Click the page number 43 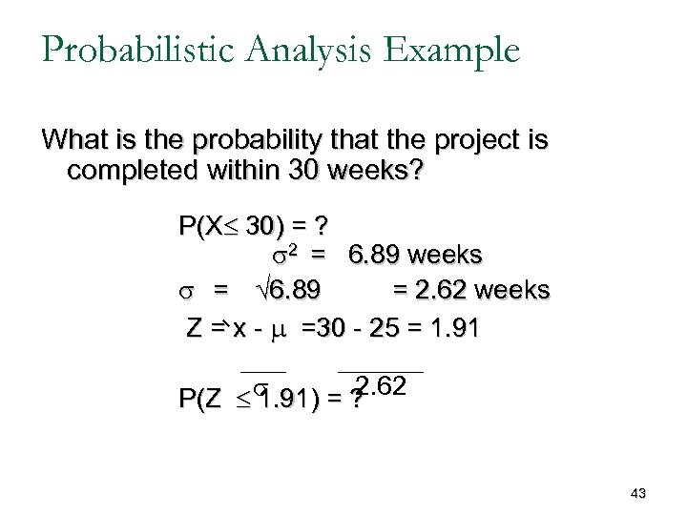point(638,493)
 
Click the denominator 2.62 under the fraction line point(381,386)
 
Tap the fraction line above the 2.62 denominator point(380,369)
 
